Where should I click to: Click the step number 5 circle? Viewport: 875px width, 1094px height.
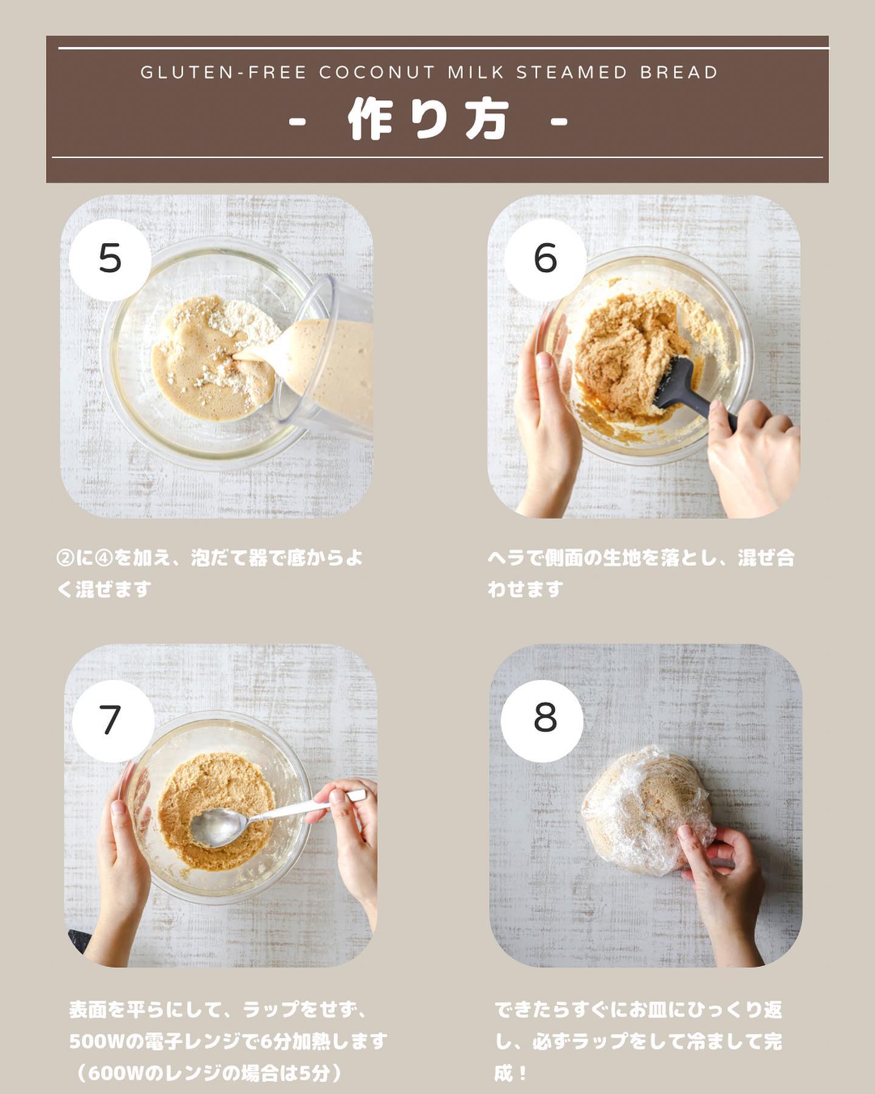[110, 259]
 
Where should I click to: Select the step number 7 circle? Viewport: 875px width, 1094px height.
[113, 721]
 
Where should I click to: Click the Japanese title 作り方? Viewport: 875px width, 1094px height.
[428, 120]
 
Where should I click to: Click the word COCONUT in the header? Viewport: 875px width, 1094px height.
[377, 72]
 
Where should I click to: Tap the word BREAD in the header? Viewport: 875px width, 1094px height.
[679, 72]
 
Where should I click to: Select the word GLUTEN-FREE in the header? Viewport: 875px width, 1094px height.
[223, 72]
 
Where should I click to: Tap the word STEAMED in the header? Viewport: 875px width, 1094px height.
[572, 72]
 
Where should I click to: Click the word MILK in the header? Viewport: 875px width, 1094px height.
[476, 72]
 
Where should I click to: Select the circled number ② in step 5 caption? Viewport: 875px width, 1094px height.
[64, 558]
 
